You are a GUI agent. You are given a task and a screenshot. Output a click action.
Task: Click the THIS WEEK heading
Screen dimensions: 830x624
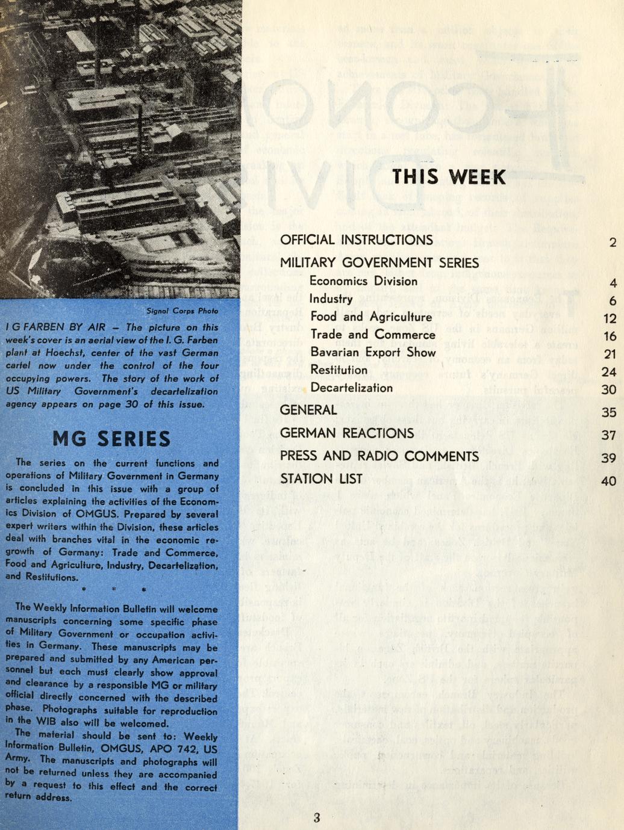click(449, 176)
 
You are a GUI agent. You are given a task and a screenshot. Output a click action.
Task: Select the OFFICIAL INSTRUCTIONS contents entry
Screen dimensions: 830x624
click(356, 240)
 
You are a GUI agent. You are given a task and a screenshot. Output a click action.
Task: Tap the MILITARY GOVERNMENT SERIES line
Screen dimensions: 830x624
click(379, 262)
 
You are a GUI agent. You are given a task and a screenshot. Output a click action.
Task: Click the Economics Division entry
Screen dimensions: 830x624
click(363, 281)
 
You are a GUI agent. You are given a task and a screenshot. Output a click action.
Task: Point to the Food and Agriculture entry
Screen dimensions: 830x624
click(371, 317)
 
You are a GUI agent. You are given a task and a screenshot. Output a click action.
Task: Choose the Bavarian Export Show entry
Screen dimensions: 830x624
click(373, 352)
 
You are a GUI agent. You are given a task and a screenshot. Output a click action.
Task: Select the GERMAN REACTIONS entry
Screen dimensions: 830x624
click(346, 433)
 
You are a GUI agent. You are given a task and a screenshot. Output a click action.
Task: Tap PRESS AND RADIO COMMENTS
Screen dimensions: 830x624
click(379, 456)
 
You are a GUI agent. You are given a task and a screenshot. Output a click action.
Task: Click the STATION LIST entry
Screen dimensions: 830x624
click(321, 479)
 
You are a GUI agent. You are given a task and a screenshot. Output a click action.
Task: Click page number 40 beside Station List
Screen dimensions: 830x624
click(609, 481)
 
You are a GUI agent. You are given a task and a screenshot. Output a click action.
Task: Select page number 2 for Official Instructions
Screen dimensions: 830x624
click(613, 243)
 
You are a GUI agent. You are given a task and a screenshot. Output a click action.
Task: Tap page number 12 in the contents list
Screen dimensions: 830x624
click(609, 318)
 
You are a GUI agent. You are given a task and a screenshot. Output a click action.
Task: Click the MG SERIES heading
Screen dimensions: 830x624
click(111, 438)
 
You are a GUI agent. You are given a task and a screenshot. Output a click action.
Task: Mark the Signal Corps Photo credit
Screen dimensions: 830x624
click(182, 311)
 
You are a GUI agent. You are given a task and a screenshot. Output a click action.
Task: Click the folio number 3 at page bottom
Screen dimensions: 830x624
click(317, 817)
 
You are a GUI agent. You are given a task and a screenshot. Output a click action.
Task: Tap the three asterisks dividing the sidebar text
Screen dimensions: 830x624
click(113, 588)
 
